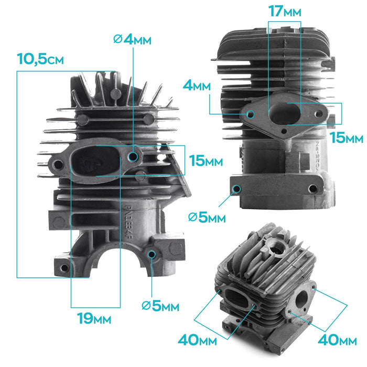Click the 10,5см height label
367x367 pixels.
click(40, 59)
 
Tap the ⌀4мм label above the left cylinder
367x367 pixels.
click(133, 40)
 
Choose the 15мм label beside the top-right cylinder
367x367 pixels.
click(347, 138)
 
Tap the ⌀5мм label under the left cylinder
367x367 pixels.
click(160, 306)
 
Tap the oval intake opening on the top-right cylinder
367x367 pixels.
click(284, 113)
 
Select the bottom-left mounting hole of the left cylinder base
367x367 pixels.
click(64, 268)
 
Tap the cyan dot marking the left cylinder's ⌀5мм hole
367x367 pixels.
click(152, 255)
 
